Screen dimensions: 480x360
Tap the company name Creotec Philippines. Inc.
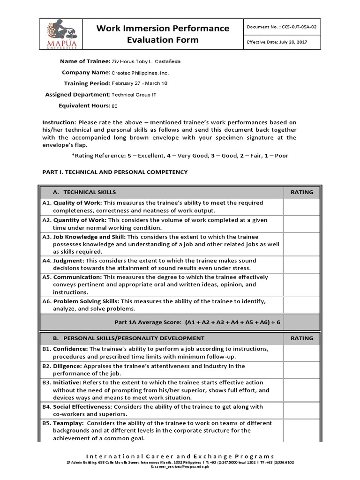[140, 73]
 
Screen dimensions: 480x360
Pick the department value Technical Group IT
[134, 95]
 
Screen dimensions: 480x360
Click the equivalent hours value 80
[114, 106]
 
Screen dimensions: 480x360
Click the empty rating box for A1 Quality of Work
[302, 206]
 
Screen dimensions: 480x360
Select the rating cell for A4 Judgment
[302, 264]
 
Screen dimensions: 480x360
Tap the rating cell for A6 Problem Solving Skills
[302, 305]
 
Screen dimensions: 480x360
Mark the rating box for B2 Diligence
[302, 370]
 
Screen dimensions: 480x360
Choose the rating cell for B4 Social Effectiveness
[302, 411]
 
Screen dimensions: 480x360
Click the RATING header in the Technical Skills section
[302, 192]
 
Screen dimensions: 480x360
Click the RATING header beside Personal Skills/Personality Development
[302, 338]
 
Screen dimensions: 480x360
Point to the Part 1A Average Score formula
[197, 322]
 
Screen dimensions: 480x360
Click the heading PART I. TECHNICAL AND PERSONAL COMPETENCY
[115, 172]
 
